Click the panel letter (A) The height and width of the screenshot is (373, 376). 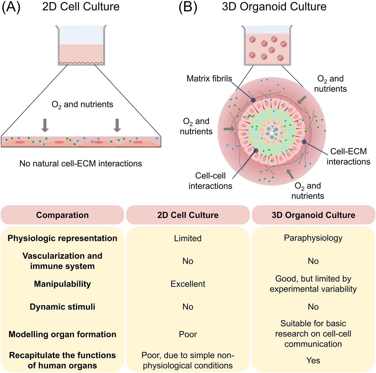(11, 7)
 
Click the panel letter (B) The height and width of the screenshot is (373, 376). (188, 7)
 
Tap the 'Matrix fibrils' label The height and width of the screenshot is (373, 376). (209, 78)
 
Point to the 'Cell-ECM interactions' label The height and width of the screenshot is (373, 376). (348, 156)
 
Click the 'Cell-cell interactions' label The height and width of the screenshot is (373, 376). (210, 181)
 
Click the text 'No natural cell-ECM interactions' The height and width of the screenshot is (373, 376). (81, 163)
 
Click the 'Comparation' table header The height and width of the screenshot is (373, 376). (62, 215)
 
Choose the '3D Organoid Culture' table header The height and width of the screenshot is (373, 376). (313, 215)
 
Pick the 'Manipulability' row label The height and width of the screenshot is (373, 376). (62, 284)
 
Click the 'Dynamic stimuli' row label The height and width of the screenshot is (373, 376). (62, 307)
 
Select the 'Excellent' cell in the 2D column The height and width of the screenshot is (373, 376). (188, 284)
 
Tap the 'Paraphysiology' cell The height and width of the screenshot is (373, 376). (313, 238)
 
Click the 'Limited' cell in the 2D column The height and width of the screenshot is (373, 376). (188, 238)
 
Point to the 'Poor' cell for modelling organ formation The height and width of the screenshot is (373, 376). (188, 334)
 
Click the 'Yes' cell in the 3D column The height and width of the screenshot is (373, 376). (313, 360)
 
